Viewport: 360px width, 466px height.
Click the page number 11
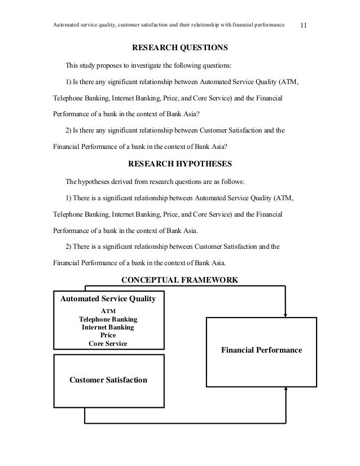[304, 25]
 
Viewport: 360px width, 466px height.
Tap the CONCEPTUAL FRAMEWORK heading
[180, 280]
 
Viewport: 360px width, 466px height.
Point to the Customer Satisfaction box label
[108, 380]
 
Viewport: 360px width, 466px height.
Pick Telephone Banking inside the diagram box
[108, 319]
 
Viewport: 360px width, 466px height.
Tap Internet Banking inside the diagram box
[108, 327]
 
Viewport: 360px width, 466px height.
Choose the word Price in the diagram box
[108, 335]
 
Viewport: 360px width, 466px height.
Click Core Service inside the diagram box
[108, 343]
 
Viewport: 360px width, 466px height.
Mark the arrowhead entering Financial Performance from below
[287, 390]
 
